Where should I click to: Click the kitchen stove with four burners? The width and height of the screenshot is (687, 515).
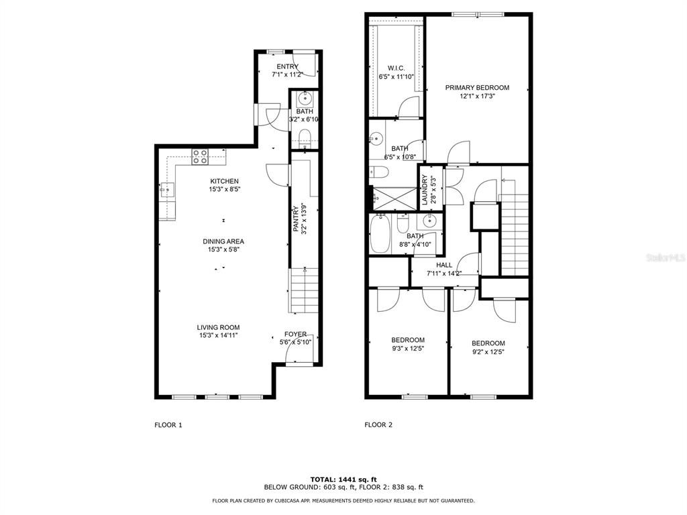tap(200, 157)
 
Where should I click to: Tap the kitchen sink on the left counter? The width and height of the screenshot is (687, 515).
tap(167, 190)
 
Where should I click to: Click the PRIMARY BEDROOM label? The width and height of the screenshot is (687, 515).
tap(477, 88)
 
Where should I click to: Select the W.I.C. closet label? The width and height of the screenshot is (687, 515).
tap(396, 68)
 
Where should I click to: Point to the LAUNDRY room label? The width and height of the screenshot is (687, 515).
tap(424, 190)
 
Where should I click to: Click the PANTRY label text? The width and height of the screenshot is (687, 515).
tap(296, 219)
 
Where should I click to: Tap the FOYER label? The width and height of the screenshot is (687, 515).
tap(295, 334)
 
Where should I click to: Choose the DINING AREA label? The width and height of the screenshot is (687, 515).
tap(223, 241)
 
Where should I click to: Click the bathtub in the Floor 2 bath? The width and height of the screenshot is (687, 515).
tap(380, 233)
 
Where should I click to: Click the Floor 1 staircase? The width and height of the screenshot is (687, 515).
tap(304, 290)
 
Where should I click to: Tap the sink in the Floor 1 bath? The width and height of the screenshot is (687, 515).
tap(305, 99)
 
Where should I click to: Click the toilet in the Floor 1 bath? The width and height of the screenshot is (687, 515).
tap(305, 137)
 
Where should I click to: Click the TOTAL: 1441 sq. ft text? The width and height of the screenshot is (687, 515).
tap(343, 479)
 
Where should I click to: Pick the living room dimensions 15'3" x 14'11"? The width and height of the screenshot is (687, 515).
tap(218, 335)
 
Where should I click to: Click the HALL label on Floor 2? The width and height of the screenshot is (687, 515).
tap(444, 265)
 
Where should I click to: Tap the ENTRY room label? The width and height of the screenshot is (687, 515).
tap(287, 66)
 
